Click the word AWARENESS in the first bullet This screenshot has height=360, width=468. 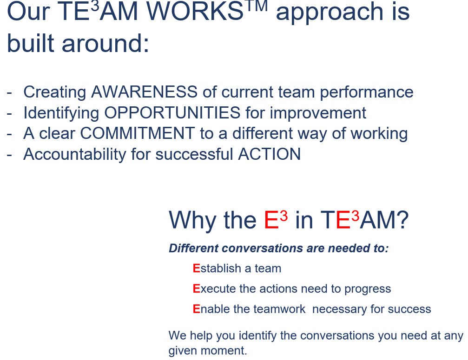point(144,92)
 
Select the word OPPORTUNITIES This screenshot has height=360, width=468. point(172,113)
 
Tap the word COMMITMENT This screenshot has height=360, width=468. point(138,133)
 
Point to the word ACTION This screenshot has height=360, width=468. point(269,154)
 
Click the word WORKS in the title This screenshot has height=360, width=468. point(195,11)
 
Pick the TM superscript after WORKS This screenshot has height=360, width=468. point(256,6)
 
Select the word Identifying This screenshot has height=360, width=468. point(61,113)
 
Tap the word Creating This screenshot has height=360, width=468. point(55,92)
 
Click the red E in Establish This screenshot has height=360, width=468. point(197,268)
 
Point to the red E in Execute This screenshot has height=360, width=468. point(197,289)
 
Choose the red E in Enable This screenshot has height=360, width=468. point(197,309)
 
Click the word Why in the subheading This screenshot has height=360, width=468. point(192,221)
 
